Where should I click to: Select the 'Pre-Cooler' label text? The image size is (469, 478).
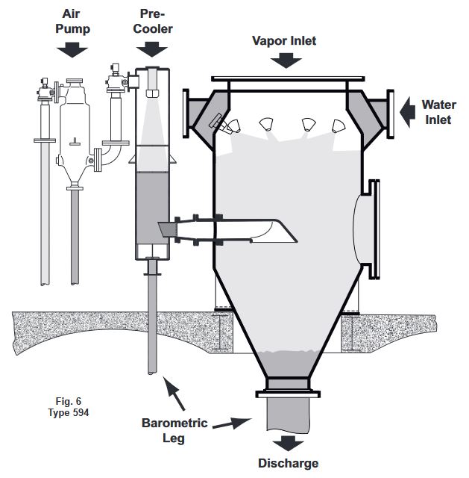(x=156, y=21)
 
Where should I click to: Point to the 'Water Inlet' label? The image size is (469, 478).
(x=438, y=112)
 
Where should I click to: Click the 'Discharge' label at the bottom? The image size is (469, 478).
(x=288, y=463)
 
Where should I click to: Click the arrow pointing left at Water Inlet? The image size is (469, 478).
(x=406, y=113)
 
